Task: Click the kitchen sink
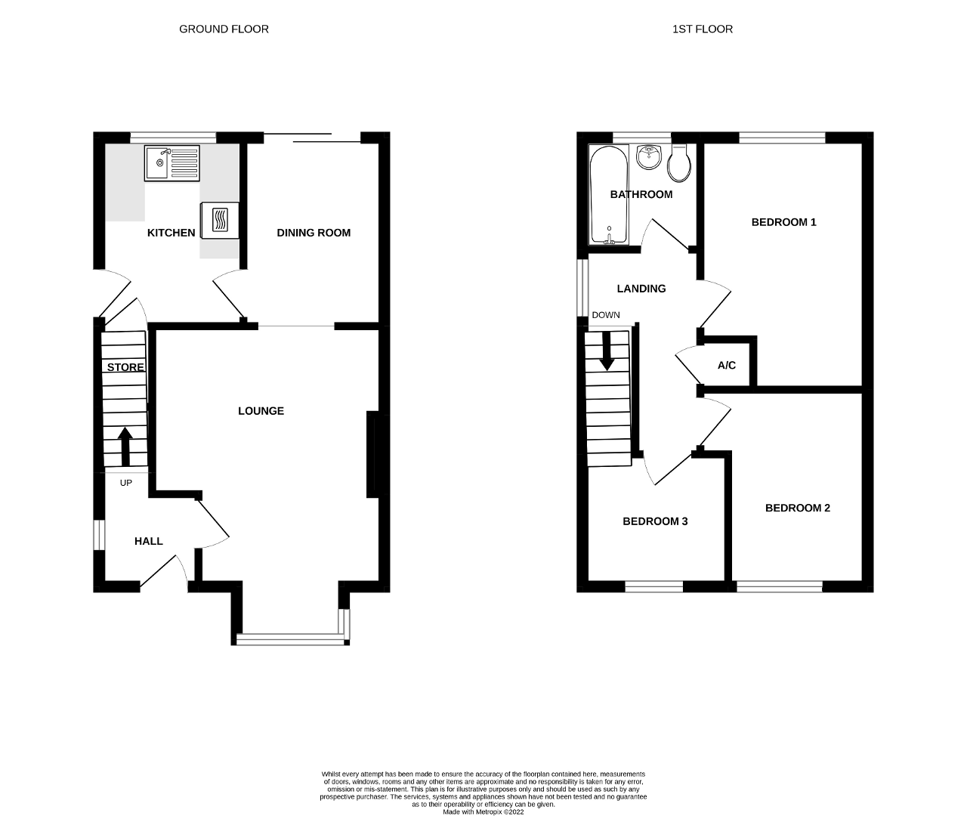tap(171, 163)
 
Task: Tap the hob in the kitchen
tap(220, 221)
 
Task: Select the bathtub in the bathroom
tap(609, 194)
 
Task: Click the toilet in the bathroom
tap(679, 162)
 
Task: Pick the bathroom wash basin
tap(648, 157)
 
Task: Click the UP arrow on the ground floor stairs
tap(125, 447)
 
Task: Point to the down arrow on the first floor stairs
tap(607, 352)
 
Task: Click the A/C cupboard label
tap(726, 366)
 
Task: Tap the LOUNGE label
tap(261, 411)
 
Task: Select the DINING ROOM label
tap(314, 233)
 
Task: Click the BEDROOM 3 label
tap(655, 521)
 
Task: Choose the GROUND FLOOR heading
tap(224, 29)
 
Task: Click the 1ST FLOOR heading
tap(702, 29)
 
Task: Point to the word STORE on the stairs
tap(125, 367)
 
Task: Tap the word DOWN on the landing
tap(606, 315)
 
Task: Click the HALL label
tap(149, 541)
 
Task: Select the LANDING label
tap(641, 289)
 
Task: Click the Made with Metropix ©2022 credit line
tap(483, 811)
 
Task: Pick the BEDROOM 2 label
tap(798, 508)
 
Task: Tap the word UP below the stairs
tap(126, 483)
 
